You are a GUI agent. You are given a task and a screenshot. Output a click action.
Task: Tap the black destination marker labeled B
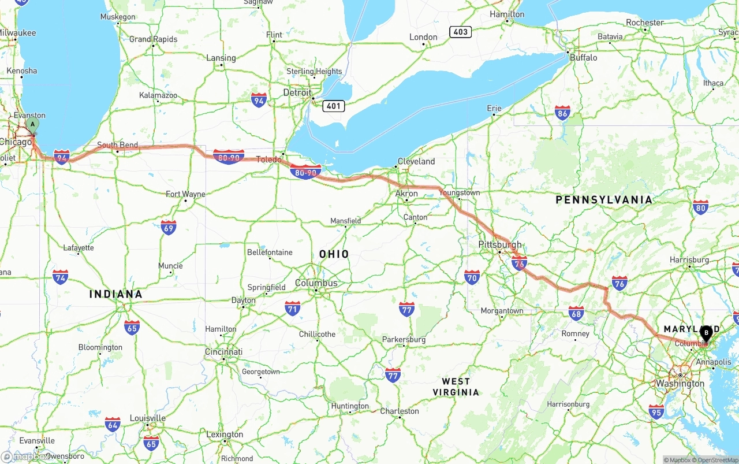(x=706, y=333)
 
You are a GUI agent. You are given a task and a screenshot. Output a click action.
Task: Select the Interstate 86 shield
(x=562, y=113)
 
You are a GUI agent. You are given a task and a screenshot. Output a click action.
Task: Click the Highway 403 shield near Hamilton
(x=460, y=32)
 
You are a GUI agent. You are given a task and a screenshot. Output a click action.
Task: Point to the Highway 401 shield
(x=334, y=106)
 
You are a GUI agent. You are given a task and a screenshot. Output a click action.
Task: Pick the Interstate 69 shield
(x=169, y=227)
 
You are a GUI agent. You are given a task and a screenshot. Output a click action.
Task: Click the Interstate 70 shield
(x=472, y=277)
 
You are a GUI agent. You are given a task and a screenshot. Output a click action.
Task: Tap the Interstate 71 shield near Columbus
(x=293, y=308)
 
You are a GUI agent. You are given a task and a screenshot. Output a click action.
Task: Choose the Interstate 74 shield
(x=60, y=277)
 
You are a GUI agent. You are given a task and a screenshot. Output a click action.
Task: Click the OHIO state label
(x=334, y=254)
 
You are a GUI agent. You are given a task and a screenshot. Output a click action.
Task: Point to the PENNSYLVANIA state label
(x=604, y=200)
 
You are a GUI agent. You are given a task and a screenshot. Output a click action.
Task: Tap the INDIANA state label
(x=115, y=294)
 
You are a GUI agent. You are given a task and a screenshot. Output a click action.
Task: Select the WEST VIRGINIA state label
(x=456, y=387)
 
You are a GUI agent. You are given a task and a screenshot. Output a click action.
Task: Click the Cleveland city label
(x=416, y=161)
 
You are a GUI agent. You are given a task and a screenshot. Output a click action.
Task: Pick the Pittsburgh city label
(x=499, y=244)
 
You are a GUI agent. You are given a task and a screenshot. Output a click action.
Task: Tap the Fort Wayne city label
(x=185, y=194)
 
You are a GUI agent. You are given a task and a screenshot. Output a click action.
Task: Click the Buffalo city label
(x=583, y=58)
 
